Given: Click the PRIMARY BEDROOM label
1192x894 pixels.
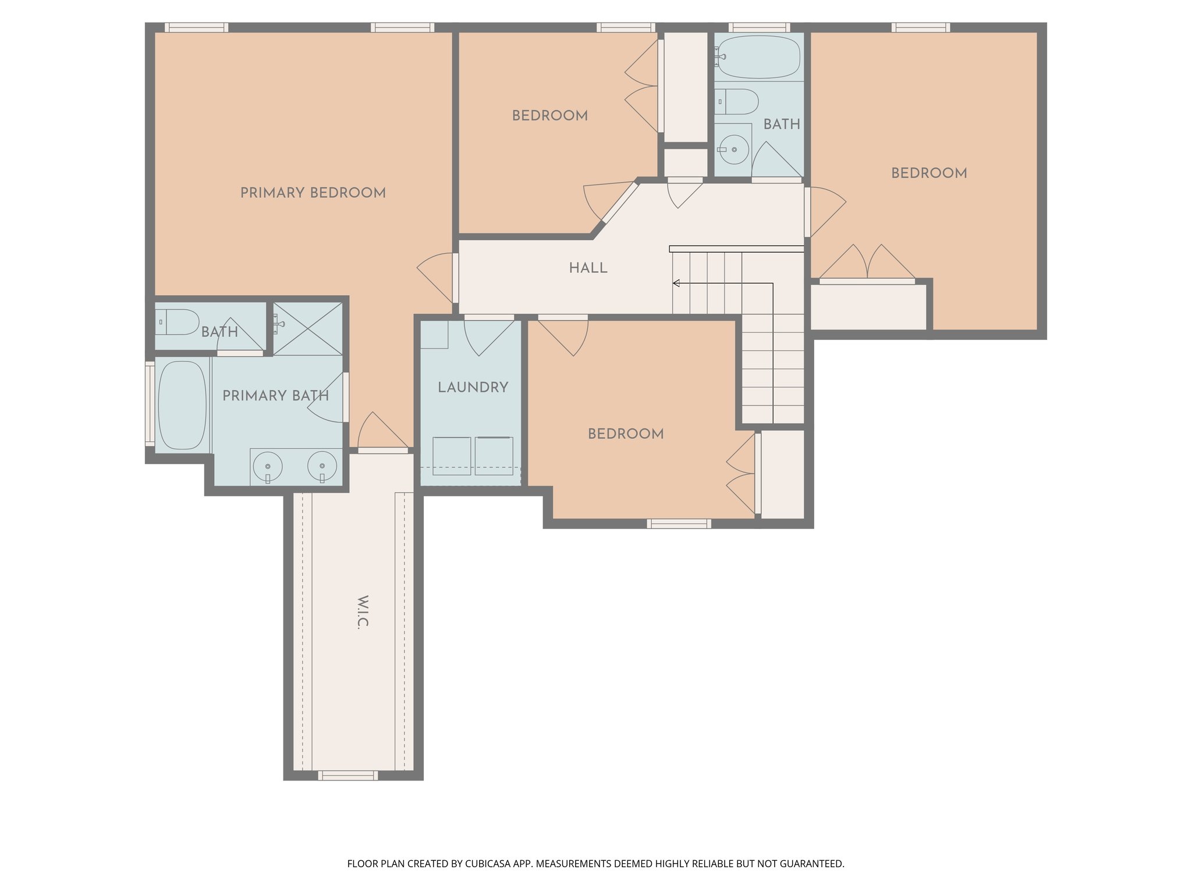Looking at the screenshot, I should pos(313,193).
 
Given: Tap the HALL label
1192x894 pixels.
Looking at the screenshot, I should pos(588,268).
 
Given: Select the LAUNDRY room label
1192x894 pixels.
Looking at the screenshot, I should pos(473,387).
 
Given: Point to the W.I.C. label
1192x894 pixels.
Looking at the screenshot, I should pos(362,612).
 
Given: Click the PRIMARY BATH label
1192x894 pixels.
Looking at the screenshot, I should pos(275,396).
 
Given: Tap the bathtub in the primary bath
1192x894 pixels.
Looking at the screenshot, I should pos(182,405).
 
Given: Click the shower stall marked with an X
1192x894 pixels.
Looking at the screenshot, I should pos(308,328).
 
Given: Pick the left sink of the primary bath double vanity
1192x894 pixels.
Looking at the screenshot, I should pos(268,467).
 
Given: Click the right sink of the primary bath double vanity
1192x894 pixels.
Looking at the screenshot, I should pos(322,466).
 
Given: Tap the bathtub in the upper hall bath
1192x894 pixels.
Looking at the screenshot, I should pos(759,57).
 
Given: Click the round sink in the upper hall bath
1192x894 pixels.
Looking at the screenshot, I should pos(734,150).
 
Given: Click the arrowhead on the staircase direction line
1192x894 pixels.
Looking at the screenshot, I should pos(676,283).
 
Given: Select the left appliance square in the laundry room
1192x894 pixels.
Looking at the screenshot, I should pos(452,456).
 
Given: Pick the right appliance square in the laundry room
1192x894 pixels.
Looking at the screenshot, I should pos(494,456).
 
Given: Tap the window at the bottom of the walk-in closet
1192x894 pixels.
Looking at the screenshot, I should pos(348,775).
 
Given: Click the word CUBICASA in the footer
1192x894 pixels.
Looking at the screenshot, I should pos(488,864).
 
